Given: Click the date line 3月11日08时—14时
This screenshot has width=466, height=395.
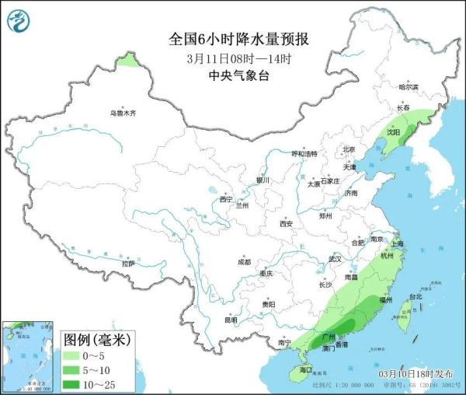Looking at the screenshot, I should coord(233,58).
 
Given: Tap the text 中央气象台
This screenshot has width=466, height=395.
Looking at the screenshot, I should coord(233,75).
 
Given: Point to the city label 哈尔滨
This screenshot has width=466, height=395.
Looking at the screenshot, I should coord(408,87).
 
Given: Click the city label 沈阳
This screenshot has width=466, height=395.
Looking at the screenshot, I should coord(392,133).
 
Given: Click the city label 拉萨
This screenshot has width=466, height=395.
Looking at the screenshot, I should coord(128,264).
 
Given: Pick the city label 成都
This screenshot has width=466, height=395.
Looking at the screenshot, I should coord(245,261).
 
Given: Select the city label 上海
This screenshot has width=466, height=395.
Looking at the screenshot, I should coord(397,243).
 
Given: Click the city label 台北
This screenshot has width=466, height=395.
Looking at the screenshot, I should coord(416,296).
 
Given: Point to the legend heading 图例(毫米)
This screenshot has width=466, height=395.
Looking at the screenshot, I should coord(96,340).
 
